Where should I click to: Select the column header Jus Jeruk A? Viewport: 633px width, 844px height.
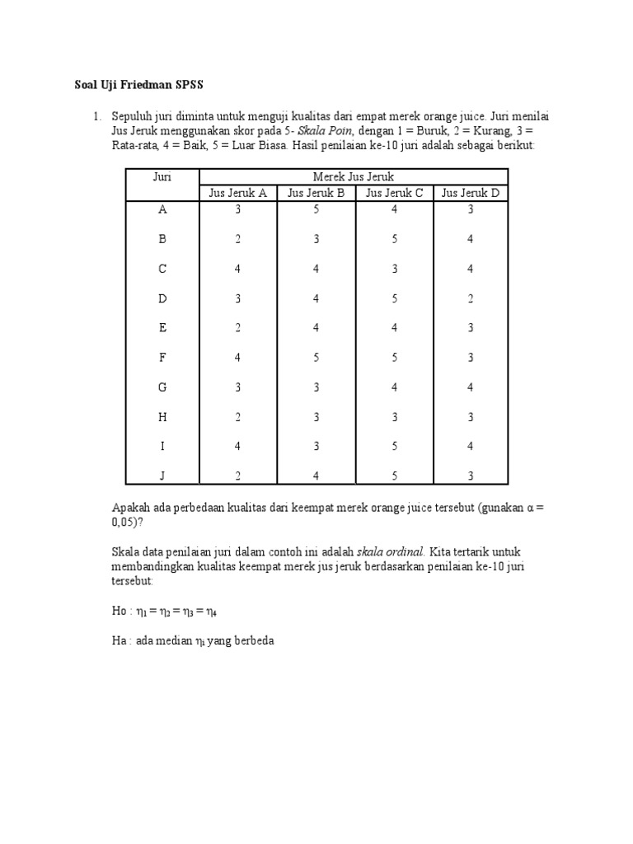[x=238, y=193]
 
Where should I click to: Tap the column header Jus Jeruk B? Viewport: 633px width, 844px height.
[x=316, y=193]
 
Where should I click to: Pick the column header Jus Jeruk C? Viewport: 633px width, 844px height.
[x=394, y=193]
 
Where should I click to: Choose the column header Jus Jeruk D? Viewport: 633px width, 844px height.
[x=471, y=193]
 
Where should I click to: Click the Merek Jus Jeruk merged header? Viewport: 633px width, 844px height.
[x=354, y=176]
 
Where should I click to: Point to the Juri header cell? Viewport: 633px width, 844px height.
[x=162, y=176]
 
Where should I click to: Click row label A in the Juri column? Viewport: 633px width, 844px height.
[x=162, y=209]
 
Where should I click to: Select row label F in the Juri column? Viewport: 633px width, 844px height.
[x=162, y=358]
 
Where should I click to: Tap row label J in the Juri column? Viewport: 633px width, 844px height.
[x=162, y=476]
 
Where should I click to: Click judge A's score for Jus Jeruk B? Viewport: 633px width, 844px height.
[x=316, y=209]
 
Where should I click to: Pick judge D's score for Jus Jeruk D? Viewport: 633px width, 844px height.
[x=471, y=298]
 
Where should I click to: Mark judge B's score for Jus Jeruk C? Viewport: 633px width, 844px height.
[x=394, y=239]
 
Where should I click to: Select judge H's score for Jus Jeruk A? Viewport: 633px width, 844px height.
[x=238, y=417]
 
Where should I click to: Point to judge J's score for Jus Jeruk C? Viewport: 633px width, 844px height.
[x=394, y=476]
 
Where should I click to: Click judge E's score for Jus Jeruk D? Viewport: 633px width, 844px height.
[x=471, y=328]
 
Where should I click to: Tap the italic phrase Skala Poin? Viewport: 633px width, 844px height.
[x=326, y=131]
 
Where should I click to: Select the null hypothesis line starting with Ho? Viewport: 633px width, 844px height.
[x=164, y=612]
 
